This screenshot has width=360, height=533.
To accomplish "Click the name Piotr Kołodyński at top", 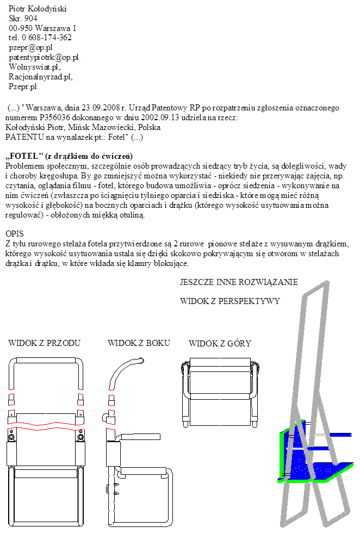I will point(38,9).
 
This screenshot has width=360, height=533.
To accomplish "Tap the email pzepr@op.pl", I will point(30,47).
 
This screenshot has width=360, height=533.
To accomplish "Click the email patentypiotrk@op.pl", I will point(44,57).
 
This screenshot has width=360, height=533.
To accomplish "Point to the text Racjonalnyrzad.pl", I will point(40,77).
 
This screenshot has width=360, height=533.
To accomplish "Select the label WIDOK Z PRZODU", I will point(45,343).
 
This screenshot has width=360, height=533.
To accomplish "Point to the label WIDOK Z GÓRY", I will point(220,343).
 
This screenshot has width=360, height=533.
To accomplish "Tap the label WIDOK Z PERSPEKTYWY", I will point(229,301).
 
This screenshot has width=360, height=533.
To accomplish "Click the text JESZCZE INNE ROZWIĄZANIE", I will point(239,282).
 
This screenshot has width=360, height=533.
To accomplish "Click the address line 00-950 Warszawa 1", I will point(42,28).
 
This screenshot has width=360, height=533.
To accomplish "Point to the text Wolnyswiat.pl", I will point(34,66).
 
